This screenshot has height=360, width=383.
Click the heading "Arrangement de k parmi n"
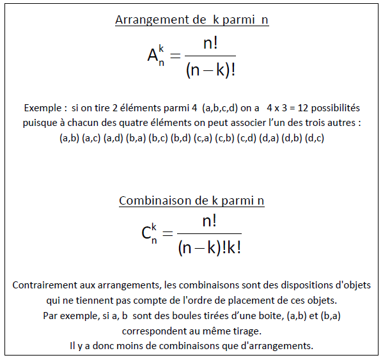[191, 20]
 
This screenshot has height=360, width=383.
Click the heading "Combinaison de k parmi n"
[191, 201]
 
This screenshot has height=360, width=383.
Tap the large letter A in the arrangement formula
[153, 56]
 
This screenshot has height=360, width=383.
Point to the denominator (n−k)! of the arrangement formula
[210, 70]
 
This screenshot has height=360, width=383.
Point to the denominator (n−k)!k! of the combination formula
[210, 247]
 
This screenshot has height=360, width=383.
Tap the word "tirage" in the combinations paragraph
[246, 331]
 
